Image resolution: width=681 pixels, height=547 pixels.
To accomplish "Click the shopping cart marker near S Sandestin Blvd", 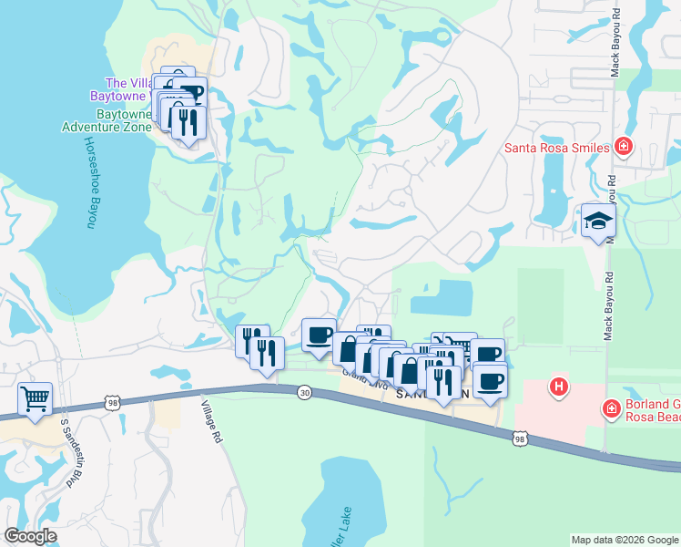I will (35, 398).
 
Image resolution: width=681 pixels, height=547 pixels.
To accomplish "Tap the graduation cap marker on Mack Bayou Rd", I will (598, 222).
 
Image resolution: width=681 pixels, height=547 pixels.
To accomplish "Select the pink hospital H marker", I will (559, 387).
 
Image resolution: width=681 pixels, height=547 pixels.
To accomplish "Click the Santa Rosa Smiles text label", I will (556, 147).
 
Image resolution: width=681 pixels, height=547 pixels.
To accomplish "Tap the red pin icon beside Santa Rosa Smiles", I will (624, 146).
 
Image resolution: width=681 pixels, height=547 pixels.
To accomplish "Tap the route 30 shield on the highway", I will (303, 391).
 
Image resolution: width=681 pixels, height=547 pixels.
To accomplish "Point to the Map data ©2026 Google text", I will (624, 540).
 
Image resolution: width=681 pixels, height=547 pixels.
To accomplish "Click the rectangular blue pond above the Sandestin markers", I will (443, 297).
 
